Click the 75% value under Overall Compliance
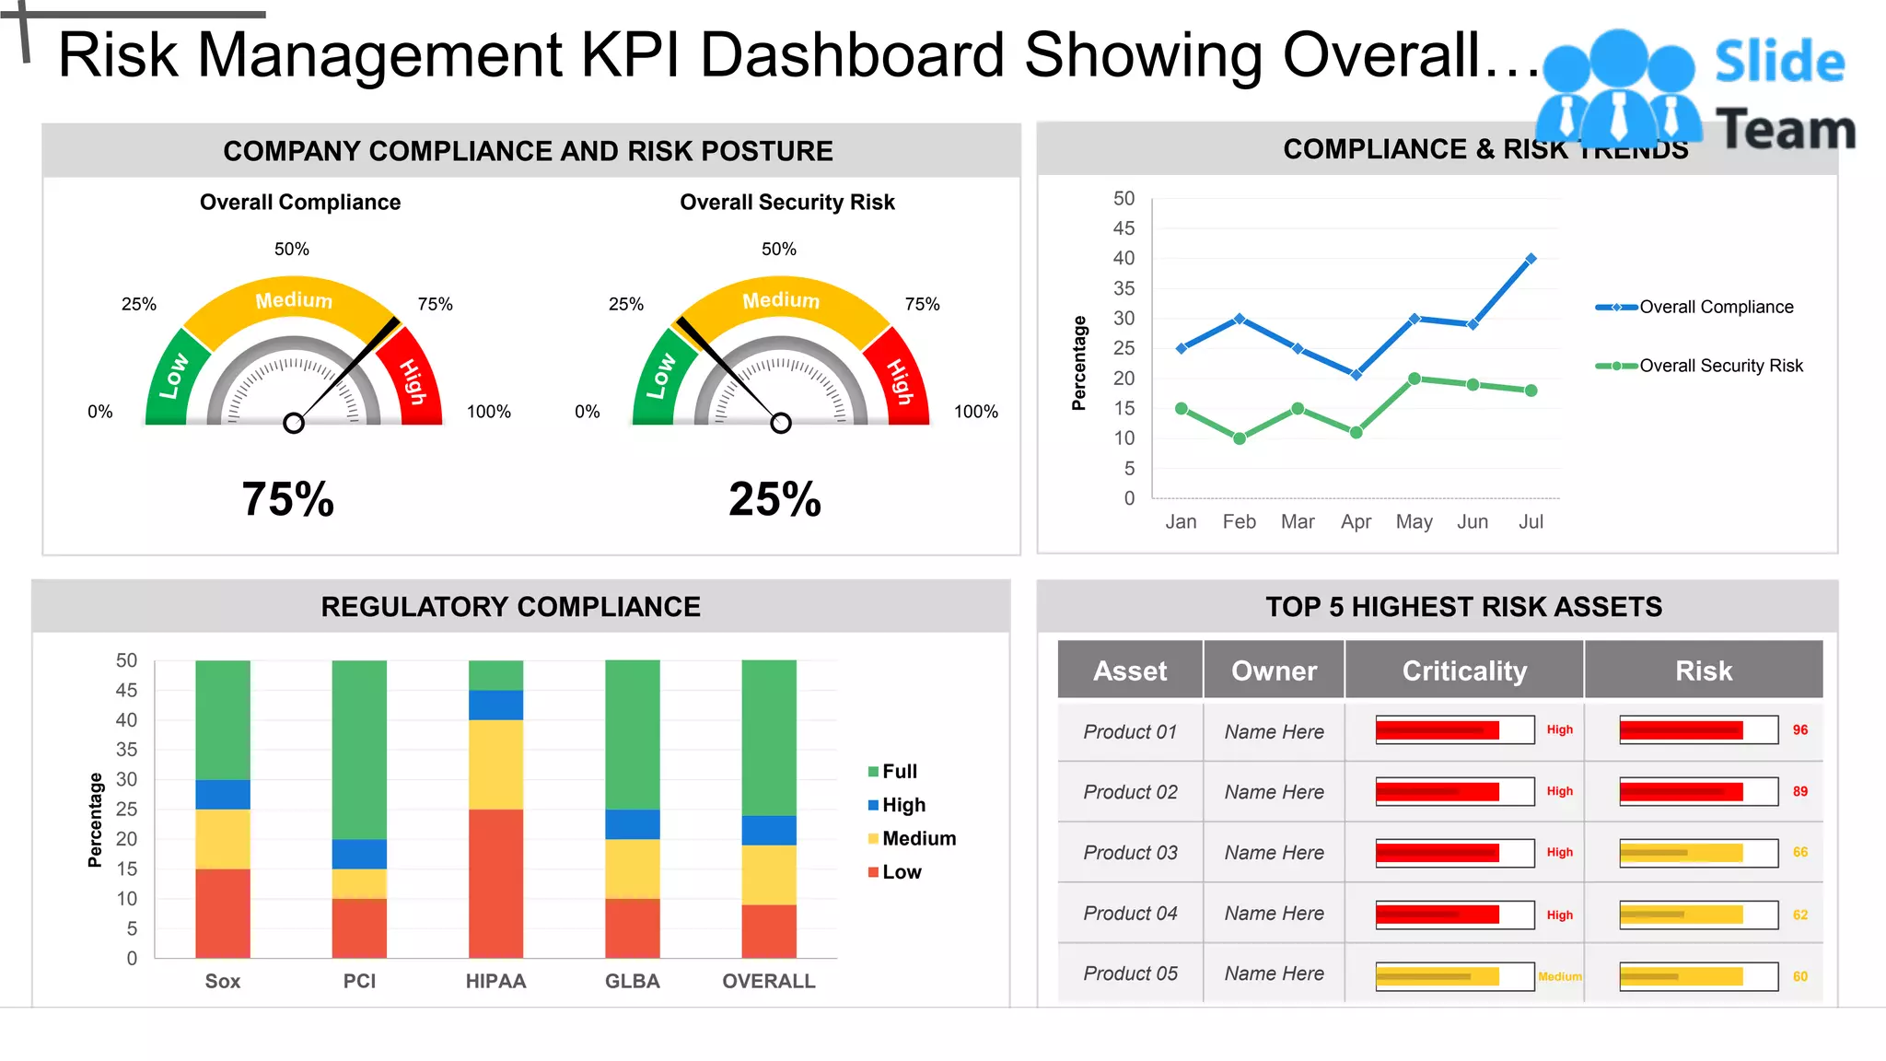tap(287, 499)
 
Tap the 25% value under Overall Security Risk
tap(774, 499)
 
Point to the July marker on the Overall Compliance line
tap(1531, 259)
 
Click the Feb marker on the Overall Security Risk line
tap(1240, 438)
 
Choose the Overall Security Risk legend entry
tap(1719, 366)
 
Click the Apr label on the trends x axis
tap(1356, 522)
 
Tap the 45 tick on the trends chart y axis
tap(1123, 228)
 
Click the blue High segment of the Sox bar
tap(223, 794)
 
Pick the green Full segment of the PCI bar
tap(359, 749)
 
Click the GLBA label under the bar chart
tap(632, 982)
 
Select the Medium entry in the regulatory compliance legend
tap(917, 838)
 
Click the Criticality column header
tap(1463, 670)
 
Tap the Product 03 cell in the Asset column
tap(1130, 853)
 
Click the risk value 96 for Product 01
tap(1799, 730)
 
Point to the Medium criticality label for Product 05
tap(1559, 976)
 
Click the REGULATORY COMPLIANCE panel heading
tap(510, 607)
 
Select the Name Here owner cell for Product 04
tap(1274, 914)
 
